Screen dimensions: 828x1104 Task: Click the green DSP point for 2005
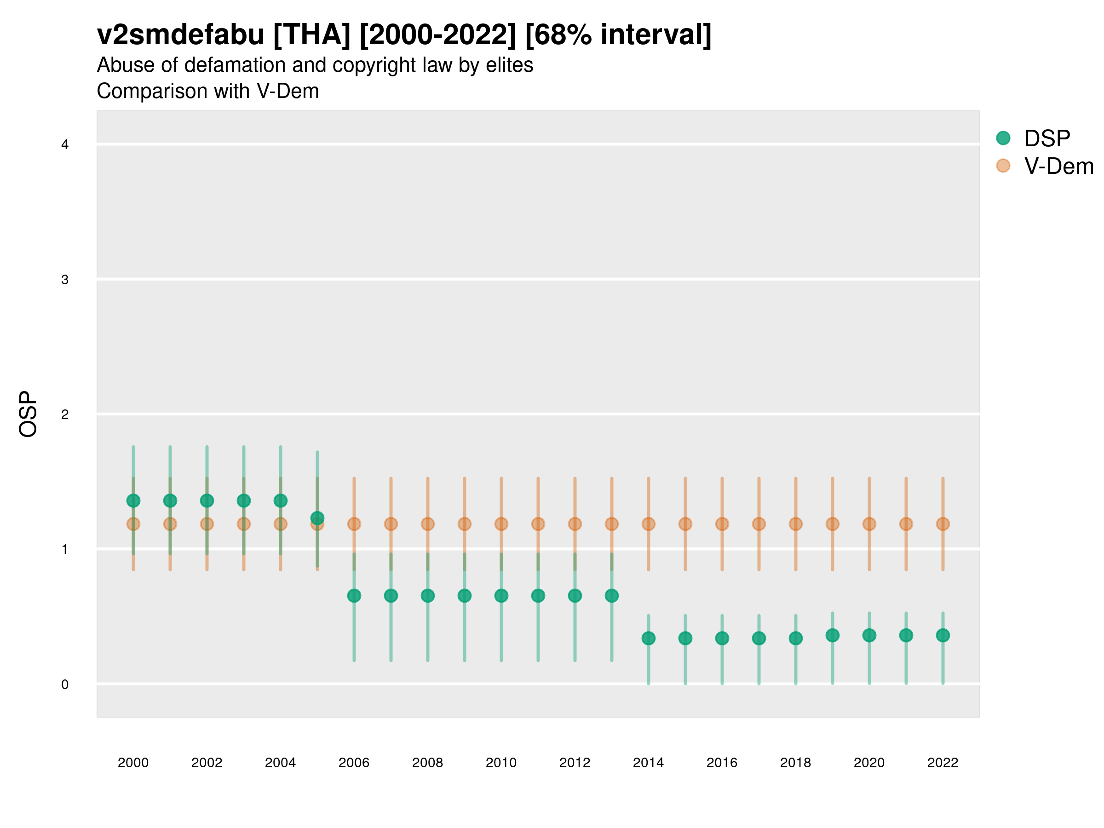[x=317, y=518]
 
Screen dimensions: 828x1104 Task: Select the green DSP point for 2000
[x=133, y=500]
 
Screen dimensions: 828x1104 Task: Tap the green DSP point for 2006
[x=354, y=595]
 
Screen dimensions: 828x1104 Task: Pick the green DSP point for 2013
[x=611, y=595]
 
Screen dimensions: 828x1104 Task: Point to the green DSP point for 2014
[x=648, y=638]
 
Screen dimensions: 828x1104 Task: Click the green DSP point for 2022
[x=943, y=635]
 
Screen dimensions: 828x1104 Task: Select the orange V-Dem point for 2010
[x=501, y=524]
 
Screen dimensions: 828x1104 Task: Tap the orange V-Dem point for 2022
[x=943, y=524]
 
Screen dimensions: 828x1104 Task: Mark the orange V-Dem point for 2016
[x=722, y=524]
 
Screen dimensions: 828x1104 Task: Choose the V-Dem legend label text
[x=1058, y=166]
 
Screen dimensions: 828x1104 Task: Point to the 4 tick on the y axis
[x=65, y=145]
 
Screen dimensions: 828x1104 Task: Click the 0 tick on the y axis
[x=65, y=684]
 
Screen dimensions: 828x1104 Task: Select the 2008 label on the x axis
[x=427, y=763]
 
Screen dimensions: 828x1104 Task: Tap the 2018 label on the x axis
[x=795, y=763]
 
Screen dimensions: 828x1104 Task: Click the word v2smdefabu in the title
[x=180, y=35]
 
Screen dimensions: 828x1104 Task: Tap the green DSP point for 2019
[x=832, y=635]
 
